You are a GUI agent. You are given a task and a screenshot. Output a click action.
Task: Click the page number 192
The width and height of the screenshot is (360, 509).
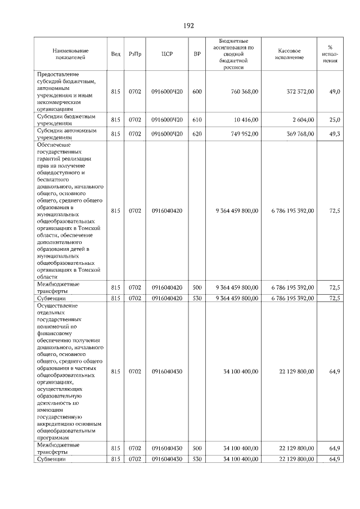(188, 25)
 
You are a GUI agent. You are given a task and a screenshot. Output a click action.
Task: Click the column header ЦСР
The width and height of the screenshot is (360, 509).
(166, 54)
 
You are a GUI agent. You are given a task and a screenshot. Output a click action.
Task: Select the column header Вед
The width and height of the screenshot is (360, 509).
(116, 54)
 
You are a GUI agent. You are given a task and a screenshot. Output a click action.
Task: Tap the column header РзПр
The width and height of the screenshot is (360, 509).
(134, 54)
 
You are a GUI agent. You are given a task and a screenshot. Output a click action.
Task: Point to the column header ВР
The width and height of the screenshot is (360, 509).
(197, 54)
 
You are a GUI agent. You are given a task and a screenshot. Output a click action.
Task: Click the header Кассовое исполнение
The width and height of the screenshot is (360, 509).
(290, 54)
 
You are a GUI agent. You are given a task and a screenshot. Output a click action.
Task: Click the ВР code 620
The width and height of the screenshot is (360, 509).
(197, 133)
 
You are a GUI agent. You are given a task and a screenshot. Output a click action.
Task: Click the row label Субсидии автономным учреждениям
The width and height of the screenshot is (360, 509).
(66, 133)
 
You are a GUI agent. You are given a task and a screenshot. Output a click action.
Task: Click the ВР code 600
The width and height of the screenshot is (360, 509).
(197, 91)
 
